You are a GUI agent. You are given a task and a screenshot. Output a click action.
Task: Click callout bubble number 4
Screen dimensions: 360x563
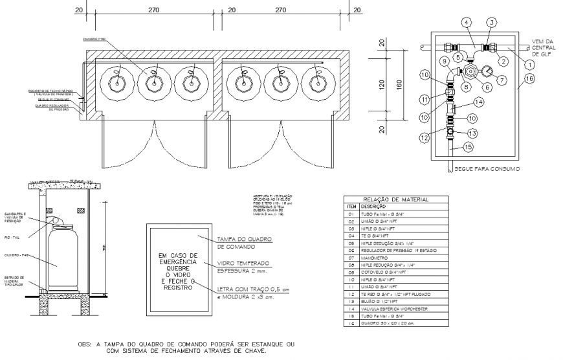point(465,23)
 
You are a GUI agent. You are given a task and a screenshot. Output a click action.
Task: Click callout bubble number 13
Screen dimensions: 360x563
point(472,133)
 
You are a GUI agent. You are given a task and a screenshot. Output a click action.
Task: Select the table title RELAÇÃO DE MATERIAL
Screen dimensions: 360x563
point(390,199)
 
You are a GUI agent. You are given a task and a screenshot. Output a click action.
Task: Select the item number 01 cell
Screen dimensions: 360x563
point(350,213)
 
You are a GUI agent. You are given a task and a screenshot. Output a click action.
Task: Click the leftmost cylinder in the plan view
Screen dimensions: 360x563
point(118,82)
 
